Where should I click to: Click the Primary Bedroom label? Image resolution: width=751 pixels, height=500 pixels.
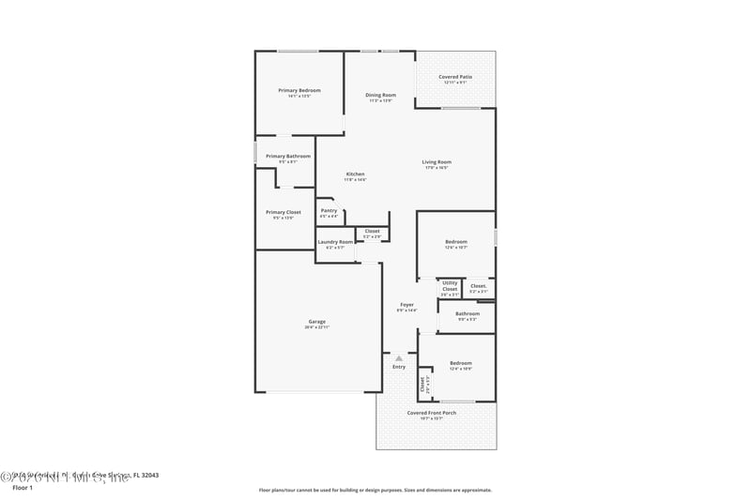[x=299, y=90]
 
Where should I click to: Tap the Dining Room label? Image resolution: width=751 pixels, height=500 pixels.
[x=380, y=95]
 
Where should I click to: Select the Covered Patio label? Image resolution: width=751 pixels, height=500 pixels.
[x=456, y=77]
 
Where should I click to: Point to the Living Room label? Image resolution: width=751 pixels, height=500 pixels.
[x=437, y=162]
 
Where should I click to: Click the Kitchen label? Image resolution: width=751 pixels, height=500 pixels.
[x=355, y=174]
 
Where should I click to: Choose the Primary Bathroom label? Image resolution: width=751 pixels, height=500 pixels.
[x=287, y=156]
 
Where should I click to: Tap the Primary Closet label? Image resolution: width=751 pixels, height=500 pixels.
[x=283, y=212]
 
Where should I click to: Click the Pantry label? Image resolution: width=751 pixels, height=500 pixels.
[x=329, y=210]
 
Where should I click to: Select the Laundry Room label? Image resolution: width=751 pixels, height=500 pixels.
[x=335, y=242]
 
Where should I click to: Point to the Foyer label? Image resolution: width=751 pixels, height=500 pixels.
[x=406, y=304]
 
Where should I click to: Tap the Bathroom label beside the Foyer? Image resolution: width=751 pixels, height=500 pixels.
[x=467, y=313]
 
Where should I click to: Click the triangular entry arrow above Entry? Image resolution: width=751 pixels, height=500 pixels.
[x=399, y=357]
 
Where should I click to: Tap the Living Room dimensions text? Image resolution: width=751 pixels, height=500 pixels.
[x=437, y=168]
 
